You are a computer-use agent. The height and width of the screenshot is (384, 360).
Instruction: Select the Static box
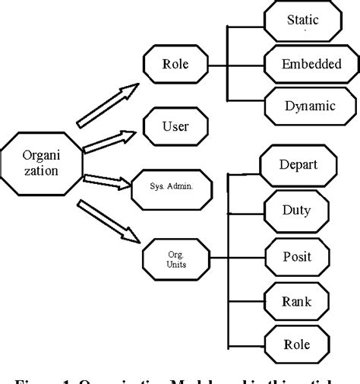pyautogui.click(x=302, y=21)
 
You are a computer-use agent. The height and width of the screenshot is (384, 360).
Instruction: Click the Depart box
pyautogui.click(x=298, y=164)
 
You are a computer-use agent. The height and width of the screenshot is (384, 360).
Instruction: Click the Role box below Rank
pyautogui.click(x=298, y=344)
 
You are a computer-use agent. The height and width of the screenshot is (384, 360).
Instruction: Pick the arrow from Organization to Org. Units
pyautogui.click(x=110, y=225)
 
